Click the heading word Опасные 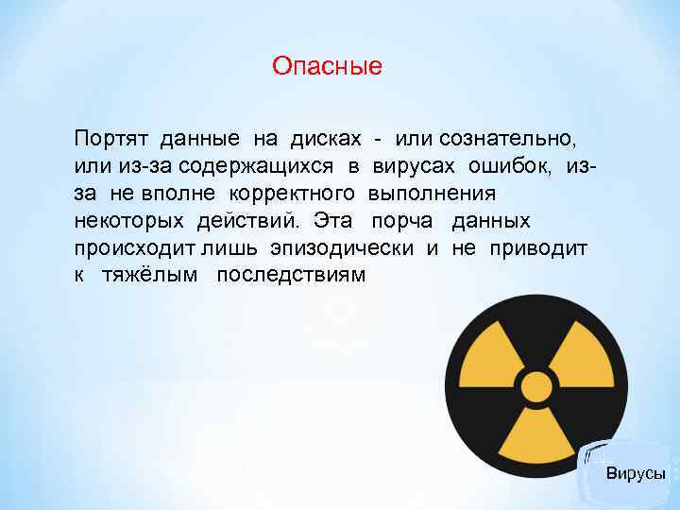[x=327, y=66]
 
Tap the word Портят [x=112, y=139]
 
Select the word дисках [x=327, y=139]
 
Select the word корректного [x=293, y=194]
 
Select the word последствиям [x=290, y=275]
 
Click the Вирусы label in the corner [x=636, y=473]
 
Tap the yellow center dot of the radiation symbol [x=535, y=386]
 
